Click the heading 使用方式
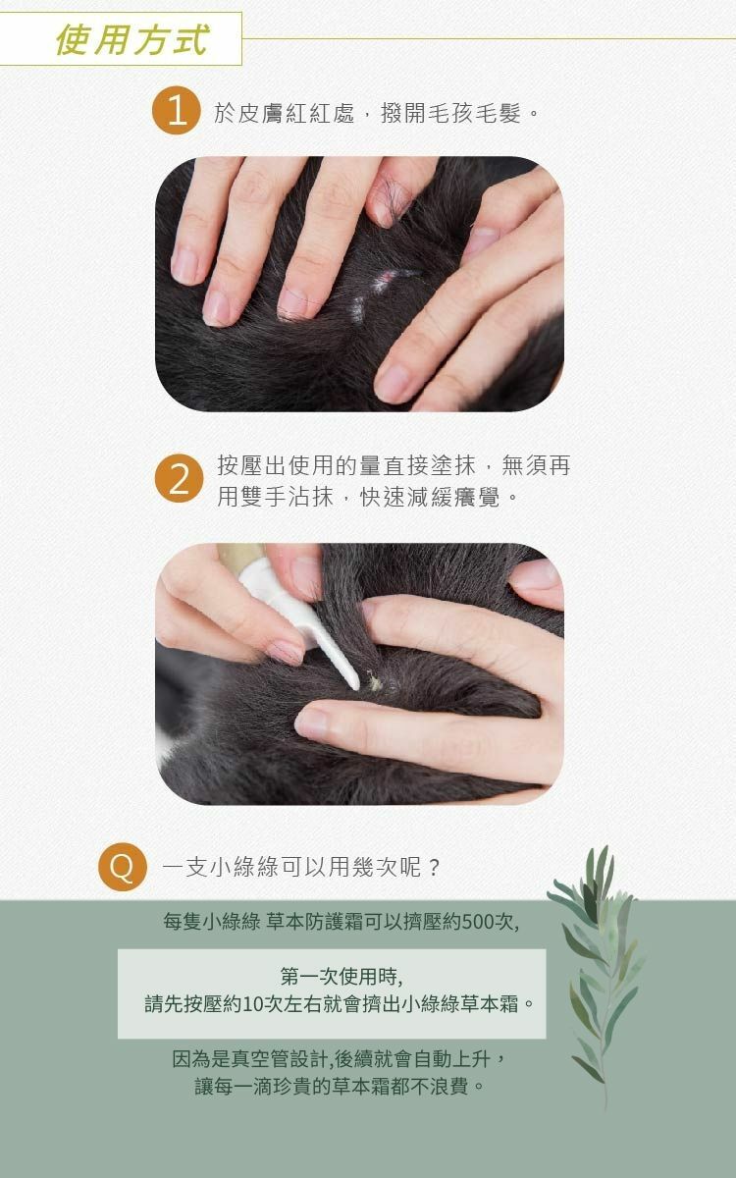(x=131, y=39)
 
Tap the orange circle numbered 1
(x=176, y=110)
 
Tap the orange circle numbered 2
(x=179, y=478)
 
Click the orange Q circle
(x=123, y=867)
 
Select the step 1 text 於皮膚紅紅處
(x=284, y=113)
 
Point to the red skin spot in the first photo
(x=387, y=276)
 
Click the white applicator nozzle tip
(x=355, y=685)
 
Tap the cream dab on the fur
(x=375, y=682)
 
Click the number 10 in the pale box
(x=253, y=1004)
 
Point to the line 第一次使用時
(x=342, y=977)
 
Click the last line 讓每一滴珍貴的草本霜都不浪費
(x=340, y=1086)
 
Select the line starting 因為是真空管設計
(x=340, y=1058)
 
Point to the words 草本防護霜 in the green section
(x=314, y=922)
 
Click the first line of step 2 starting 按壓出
(x=394, y=465)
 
